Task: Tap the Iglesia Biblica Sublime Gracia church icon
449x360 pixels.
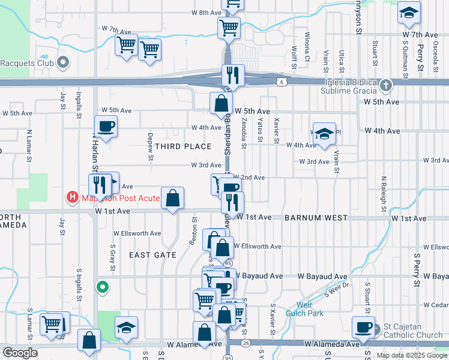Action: pos(385,86)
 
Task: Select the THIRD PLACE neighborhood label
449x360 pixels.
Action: pos(183,146)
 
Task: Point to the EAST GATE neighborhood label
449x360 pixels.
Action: pos(153,255)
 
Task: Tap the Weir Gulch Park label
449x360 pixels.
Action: pos(307,309)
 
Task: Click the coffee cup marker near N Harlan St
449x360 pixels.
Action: pos(106,126)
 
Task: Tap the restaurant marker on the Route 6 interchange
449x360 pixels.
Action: pos(233,75)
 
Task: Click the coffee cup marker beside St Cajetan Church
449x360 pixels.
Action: pos(363,327)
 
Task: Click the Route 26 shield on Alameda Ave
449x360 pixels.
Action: pos(247,343)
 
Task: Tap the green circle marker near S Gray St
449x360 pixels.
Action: pos(103,287)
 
